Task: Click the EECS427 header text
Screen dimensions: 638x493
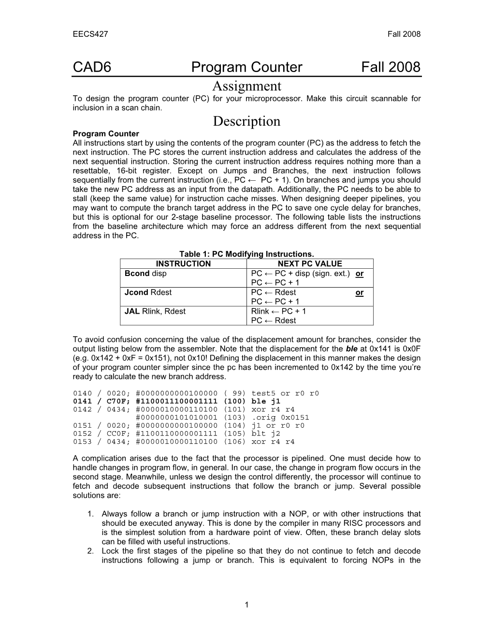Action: click(90, 34)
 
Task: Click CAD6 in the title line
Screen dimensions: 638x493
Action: click(92, 67)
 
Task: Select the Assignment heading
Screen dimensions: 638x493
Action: click(246, 87)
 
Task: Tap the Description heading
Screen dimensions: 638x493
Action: click(246, 121)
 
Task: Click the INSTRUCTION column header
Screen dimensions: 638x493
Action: click(183, 264)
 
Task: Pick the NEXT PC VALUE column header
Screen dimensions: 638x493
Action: click(310, 264)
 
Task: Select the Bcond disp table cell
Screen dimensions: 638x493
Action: click(145, 274)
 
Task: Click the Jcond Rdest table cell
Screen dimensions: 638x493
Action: click(148, 292)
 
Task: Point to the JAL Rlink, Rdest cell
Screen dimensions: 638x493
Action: click(155, 311)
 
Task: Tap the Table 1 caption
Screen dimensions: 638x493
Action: click(246, 254)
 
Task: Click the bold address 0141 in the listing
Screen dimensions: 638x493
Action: click(82, 401)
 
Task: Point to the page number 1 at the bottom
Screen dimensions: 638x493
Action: click(246, 604)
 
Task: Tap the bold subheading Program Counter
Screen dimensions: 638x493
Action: click(106, 134)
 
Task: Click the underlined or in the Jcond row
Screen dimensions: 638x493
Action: click(359, 293)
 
